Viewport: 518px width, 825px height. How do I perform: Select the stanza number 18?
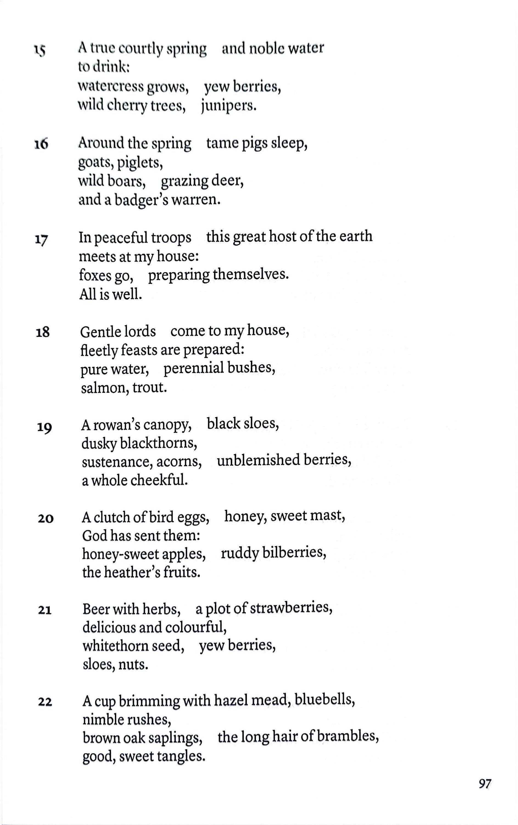click(43, 332)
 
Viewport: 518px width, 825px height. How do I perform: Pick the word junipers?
click(228, 106)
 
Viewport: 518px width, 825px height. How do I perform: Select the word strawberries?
click(291, 608)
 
